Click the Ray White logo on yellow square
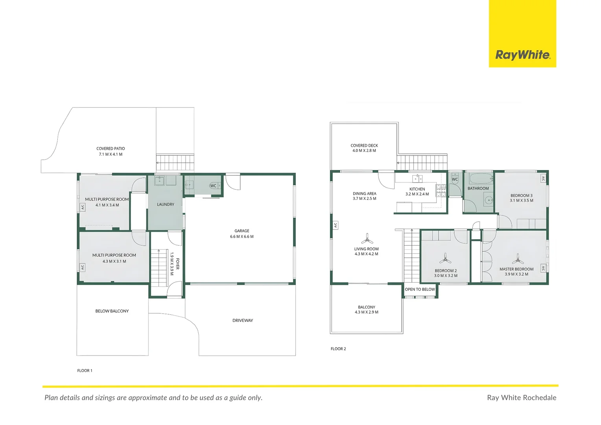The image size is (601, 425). [522, 55]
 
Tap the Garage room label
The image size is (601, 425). [242, 231]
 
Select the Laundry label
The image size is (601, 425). [166, 205]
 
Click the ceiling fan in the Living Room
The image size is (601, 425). [367, 239]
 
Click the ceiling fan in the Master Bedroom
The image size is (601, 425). [518, 259]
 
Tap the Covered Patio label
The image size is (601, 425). [111, 149]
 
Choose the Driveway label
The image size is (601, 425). [243, 320]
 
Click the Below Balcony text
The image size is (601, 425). [112, 311]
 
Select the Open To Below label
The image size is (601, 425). [420, 289]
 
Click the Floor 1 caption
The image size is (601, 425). [85, 371]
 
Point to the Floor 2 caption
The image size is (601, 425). [338, 349]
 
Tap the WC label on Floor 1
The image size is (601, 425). [213, 186]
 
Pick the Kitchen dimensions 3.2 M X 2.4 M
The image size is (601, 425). [417, 194]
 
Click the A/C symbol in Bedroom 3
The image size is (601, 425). [543, 179]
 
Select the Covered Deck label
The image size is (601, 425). [364, 146]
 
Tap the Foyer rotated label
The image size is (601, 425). [177, 264]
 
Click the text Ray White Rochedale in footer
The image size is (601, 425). [522, 397]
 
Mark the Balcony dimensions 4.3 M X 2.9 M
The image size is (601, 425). [367, 312]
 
